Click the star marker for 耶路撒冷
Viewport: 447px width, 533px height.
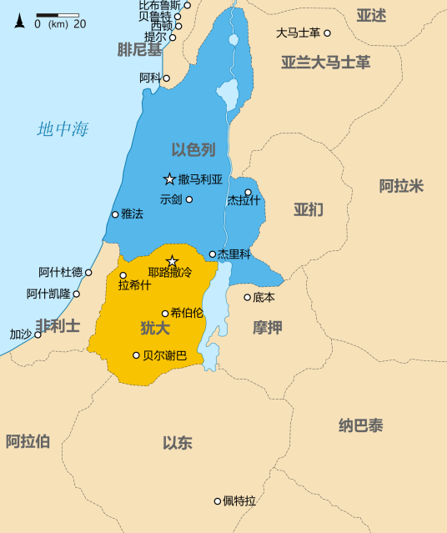(173, 262)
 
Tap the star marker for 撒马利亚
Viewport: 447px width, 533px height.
(169, 179)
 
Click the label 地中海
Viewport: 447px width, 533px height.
(63, 129)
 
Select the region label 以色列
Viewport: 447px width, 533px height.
(193, 150)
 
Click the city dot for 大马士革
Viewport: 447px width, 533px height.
(327, 33)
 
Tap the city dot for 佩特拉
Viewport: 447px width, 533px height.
(218, 501)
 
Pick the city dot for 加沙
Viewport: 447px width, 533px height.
(38, 334)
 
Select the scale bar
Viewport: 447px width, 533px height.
(58, 16)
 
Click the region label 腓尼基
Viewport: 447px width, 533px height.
(138, 49)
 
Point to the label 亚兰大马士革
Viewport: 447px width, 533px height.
(326, 62)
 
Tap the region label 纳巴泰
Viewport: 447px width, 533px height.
(360, 426)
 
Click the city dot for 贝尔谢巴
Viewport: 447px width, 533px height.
(137, 355)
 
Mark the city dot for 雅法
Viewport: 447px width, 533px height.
(115, 214)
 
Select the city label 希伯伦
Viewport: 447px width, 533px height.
(187, 314)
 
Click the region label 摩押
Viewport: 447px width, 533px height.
(268, 327)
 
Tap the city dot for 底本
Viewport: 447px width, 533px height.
(247, 297)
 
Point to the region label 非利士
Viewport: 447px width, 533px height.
(58, 325)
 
